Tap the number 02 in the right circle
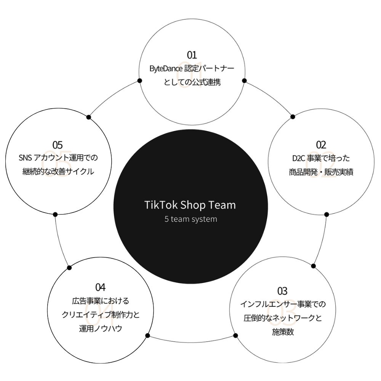pyautogui.click(x=321, y=144)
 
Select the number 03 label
pyautogui.click(x=282, y=291)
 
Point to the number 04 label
pyautogui.click(x=101, y=287)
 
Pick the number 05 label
pyautogui.click(x=58, y=145)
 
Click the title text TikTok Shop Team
pyautogui.click(x=190, y=205)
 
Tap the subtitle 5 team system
pyautogui.click(x=190, y=219)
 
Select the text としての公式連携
pyautogui.click(x=192, y=82)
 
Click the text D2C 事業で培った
pyautogui.click(x=321, y=158)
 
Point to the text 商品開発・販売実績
pyautogui.click(x=321, y=172)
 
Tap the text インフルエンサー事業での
pyautogui.click(x=283, y=304)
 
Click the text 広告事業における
pyautogui.click(x=101, y=301)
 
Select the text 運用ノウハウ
pyautogui.click(x=101, y=328)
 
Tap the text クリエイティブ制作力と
pyautogui.click(x=101, y=315)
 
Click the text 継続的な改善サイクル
pyautogui.click(x=58, y=172)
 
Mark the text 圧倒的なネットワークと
pyautogui.click(x=283, y=318)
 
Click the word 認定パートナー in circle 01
pyautogui.click(x=209, y=69)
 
